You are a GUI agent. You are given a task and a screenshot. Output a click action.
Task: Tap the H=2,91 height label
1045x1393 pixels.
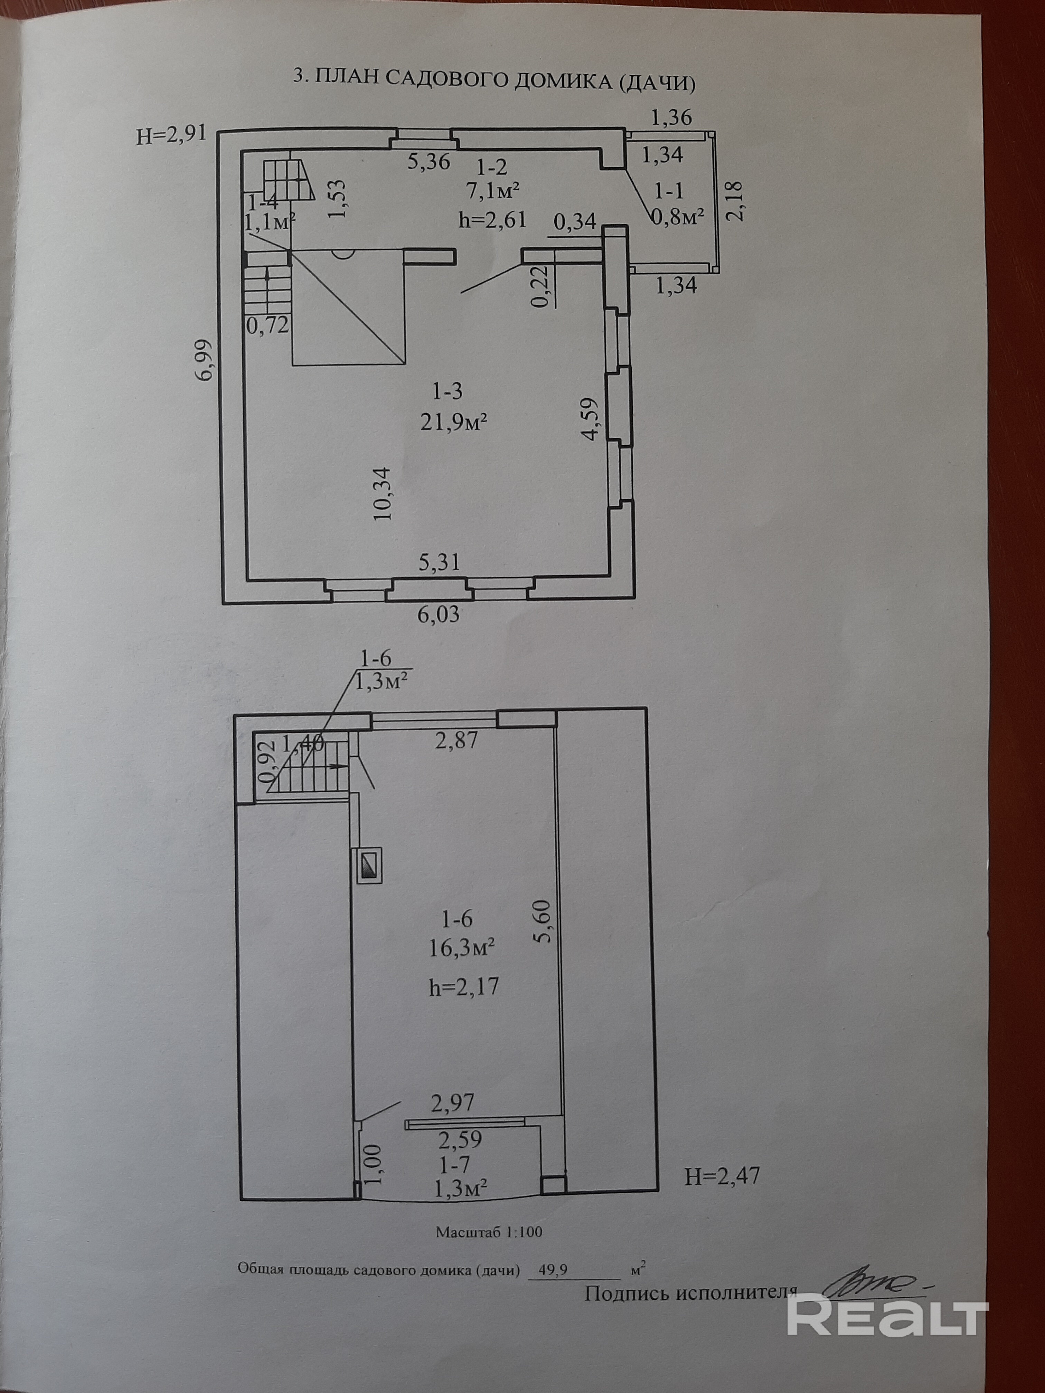[171, 135]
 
